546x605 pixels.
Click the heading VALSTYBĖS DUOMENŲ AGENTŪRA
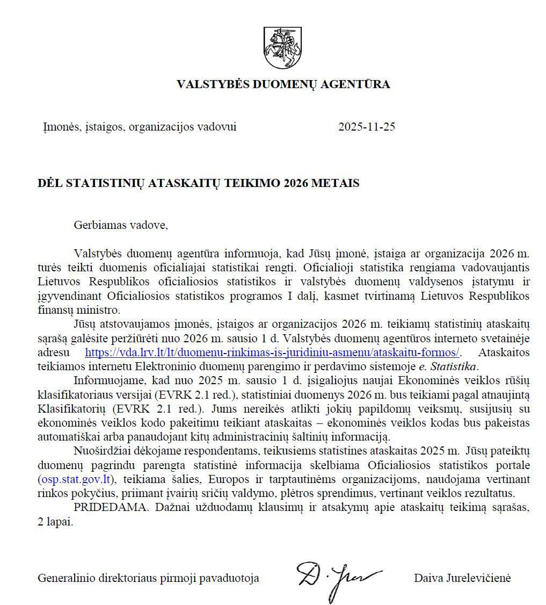(x=283, y=84)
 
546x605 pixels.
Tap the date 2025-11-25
(x=367, y=127)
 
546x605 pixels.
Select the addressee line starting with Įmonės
(x=140, y=127)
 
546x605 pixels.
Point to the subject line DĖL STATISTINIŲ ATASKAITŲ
(x=198, y=183)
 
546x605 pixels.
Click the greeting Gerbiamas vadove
(x=121, y=225)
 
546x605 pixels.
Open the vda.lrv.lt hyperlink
(x=272, y=352)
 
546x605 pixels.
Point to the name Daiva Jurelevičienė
(x=462, y=578)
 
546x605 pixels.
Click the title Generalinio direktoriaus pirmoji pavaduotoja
(x=148, y=578)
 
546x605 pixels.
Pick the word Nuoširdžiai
(x=102, y=451)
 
